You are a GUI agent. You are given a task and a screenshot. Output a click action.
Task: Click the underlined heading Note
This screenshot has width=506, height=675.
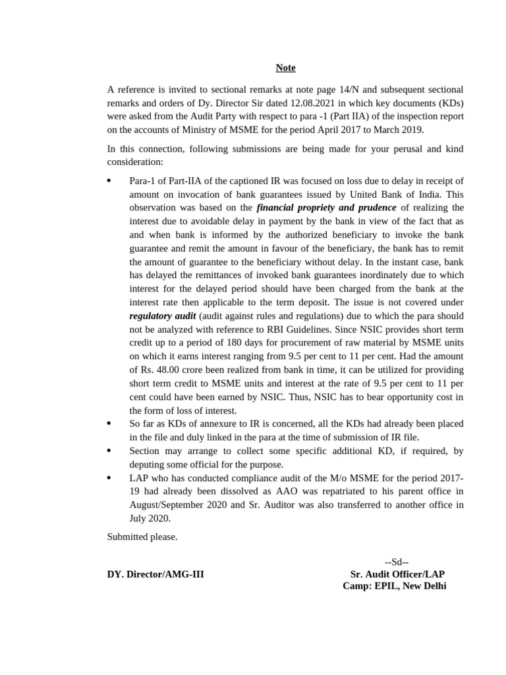coord(285,68)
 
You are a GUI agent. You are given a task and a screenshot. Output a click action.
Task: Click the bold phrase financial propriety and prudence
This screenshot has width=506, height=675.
coord(326,208)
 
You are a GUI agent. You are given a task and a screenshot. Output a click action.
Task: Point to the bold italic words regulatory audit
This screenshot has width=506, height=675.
coord(163,316)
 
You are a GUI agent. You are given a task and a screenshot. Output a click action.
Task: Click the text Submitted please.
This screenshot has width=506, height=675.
coord(142,537)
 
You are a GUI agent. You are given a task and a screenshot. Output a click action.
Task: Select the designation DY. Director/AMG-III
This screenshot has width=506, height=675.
coord(155,574)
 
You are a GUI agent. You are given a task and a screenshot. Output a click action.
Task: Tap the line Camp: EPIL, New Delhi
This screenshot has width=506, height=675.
coord(394,586)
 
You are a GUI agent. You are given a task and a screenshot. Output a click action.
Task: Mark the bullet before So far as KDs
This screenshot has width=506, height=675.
coord(109,423)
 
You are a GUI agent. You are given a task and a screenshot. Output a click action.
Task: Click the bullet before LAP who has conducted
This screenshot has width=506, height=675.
coord(109,477)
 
